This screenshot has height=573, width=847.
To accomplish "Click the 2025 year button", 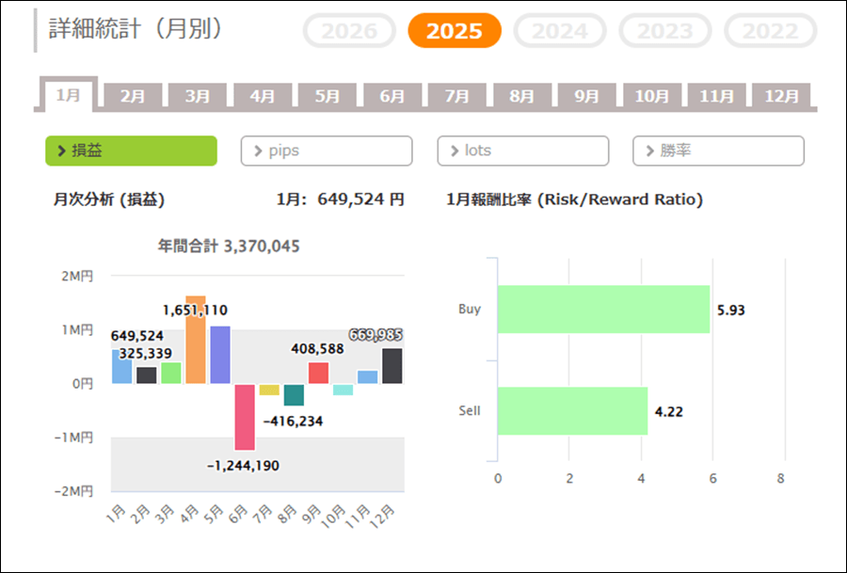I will click(455, 31).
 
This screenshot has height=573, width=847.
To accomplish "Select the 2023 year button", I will click(665, 31).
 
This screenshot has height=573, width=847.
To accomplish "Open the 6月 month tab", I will click(392, 96).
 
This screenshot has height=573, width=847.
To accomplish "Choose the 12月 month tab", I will click(781, 96).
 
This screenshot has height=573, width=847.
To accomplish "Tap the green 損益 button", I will click(131, 151).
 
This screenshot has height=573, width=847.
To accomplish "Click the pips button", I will click(327, 151).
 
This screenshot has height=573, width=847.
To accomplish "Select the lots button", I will click(522, 151).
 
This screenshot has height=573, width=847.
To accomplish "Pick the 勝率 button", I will click(718, 151).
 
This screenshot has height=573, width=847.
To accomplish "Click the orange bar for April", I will click(196, 340).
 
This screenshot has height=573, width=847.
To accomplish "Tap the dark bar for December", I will click(392, 366).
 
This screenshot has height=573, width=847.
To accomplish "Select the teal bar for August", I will click(294, 394).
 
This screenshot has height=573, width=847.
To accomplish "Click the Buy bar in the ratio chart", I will click(603, 310).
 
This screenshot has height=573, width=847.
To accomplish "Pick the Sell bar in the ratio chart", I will click(572, 411).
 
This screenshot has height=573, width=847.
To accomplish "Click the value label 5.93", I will click(731, 310).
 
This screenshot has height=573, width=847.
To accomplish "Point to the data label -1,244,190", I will click(244, 465).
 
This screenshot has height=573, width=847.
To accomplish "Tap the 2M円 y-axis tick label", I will click(77, 276).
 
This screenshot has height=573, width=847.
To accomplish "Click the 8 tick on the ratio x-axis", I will click(781, 478).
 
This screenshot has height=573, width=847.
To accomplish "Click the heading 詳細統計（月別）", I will click(136, 29).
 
